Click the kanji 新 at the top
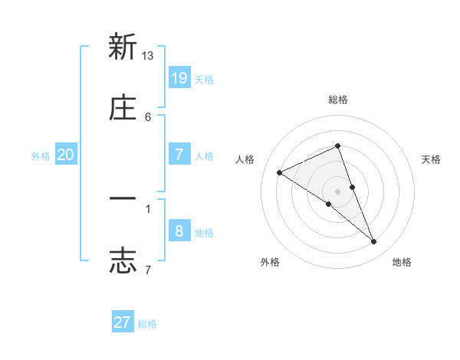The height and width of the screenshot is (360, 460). click(123, 47)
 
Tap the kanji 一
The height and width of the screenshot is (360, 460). click(123, 199)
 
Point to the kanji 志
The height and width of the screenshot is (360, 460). click(123, 260)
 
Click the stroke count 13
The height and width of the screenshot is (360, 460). click(148, 56)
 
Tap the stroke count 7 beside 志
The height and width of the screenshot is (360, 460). click(148, 270)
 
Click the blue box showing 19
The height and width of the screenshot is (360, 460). click(179, 77)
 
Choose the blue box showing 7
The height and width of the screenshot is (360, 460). click(179, 154)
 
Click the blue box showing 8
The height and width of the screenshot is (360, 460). click(179, 231)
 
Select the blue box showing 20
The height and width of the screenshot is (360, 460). click(66, 155)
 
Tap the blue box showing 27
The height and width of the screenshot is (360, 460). click(123, 322)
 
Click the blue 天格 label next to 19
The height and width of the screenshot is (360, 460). click(204, 79)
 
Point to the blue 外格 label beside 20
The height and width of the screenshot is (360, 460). click(41, 155)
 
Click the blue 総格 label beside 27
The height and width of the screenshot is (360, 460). click(147, 323)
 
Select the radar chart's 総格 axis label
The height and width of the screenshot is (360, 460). click(338, 100)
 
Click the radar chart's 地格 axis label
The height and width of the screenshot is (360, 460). click(402, 262)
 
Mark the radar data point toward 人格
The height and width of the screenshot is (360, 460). click(279, 172)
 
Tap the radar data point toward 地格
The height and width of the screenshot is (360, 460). click(374, 242)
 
